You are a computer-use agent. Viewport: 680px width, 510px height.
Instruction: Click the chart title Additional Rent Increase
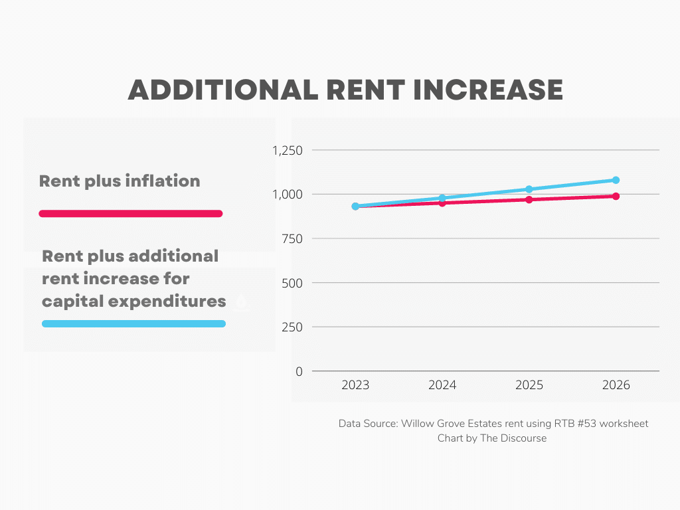click(345, 90)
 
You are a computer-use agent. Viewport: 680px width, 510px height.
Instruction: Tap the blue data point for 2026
click(616, 180)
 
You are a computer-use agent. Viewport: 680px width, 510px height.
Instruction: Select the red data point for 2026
click(616, 197)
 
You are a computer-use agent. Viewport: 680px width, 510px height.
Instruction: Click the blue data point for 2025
click(529, 189)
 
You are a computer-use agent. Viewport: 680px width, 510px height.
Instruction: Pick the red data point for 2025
click(529, 199)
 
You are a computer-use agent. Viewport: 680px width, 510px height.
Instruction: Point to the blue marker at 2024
click(442, 198)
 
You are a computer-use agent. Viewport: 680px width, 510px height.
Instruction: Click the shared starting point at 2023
click(355, 207)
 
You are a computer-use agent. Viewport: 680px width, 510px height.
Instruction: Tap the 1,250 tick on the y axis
click(288, 150)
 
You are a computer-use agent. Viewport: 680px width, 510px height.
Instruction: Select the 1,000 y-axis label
click(288, 195)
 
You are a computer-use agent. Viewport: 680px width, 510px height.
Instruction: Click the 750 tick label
click(292, 238)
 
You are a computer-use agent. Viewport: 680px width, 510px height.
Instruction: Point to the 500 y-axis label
click(292, 283)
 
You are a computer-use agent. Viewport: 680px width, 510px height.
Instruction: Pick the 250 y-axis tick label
click(292, 327)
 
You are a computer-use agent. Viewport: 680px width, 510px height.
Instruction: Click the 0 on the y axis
click(299, 372)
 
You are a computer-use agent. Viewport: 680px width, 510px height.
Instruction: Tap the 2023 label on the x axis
click(355, 386)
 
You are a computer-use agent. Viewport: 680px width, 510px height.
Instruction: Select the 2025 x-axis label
click(529, 386)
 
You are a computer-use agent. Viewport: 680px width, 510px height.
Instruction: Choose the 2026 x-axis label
click(616, 386)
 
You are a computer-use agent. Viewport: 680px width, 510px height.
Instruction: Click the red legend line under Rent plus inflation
click(131, 214)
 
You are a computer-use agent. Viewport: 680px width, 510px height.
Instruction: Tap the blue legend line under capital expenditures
click(133, 324)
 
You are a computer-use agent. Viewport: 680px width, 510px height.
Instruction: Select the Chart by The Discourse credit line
click(492, 438)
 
